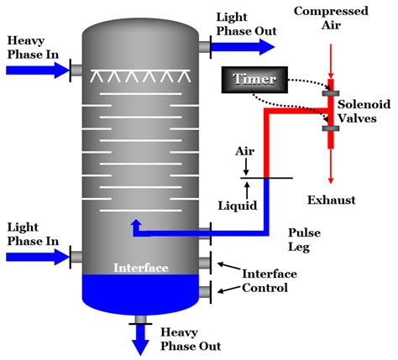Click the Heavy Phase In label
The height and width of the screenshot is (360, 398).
click(x=31, y=47)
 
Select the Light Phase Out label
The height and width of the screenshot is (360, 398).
click(x=241, y=24)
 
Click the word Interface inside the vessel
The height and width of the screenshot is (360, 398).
click(x=142, y=269)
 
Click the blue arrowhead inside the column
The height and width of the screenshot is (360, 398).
click(x=134, y=224)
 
